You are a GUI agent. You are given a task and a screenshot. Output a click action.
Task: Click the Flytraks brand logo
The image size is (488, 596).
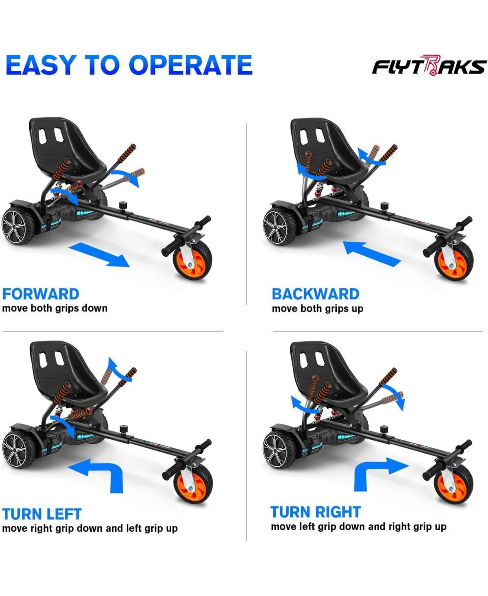pyautogui.click(x=429, y=65)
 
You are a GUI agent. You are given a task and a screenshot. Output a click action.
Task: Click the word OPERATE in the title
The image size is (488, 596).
pyautogui.click(x=191, y=65)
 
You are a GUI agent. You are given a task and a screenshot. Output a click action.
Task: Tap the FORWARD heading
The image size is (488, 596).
pyautogui.click(x=41, y=294)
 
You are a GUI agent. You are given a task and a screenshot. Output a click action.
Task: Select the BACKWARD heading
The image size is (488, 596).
pyautogui.click(x=315, y=294)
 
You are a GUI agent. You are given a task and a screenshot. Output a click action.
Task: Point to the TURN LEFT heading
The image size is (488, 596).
pyautogui.click(x=42, y=514)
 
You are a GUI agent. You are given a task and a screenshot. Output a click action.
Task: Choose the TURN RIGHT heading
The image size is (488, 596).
pyautogui.click(x=315, y=512)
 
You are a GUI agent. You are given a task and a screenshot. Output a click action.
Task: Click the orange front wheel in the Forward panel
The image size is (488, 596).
pyautogui.click(x=194, y=260)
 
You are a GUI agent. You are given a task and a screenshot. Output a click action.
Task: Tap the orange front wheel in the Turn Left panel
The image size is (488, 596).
pyautogui.click(x=195, y=484)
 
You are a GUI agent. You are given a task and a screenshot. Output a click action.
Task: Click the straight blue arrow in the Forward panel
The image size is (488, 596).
pyautogui.click(x=100, y=255)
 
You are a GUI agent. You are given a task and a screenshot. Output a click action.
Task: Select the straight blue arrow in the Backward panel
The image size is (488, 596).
pyautogui.click(x=372, y=253)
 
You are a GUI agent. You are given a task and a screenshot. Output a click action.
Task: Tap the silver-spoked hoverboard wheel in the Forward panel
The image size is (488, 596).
pyautogui.click(x=18, y=226)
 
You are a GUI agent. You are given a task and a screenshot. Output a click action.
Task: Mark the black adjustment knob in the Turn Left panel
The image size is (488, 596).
pyautogui.click(x=123, y=430)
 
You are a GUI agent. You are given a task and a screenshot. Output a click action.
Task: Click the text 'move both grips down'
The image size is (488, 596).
pyautogui.click(x=54, y=308)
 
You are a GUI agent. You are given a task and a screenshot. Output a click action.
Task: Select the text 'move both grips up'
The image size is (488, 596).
pyautogui.click(x=317, y=308)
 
